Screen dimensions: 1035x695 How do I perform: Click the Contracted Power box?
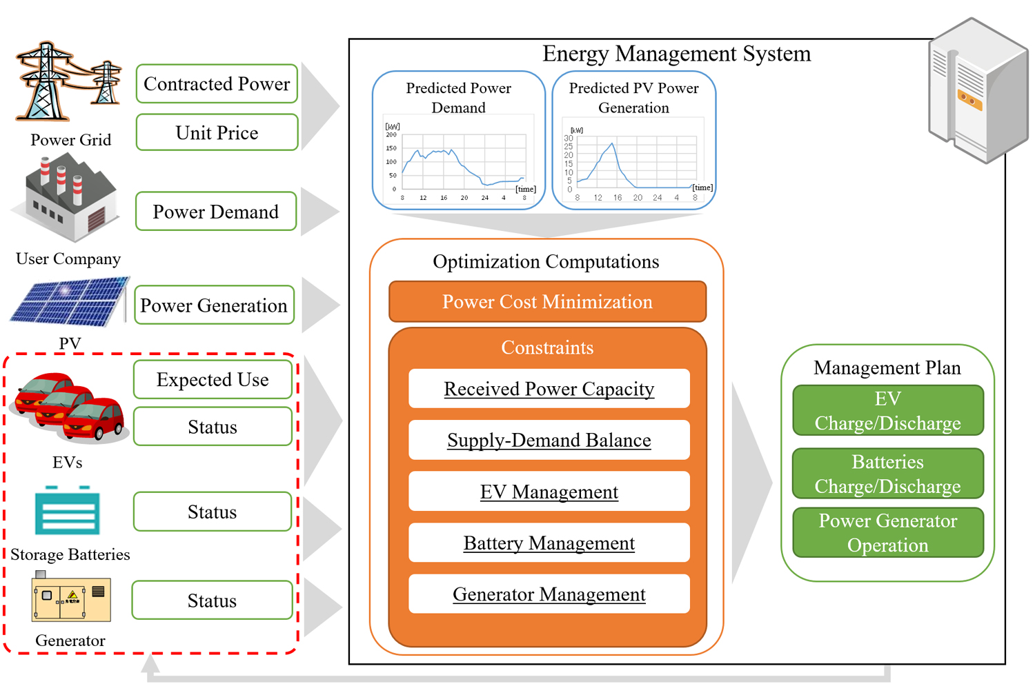point(217,83)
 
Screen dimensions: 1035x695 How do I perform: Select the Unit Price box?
point(217,132)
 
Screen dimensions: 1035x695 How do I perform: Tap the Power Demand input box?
point(216,212)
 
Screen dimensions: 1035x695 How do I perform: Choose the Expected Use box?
point(213,380)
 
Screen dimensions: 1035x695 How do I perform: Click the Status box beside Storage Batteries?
point(213,512)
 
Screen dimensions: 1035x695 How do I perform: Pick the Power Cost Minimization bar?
point(548,301)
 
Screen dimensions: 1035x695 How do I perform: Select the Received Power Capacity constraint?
point(549,388)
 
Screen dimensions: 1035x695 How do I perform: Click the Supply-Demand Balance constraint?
point(549,440)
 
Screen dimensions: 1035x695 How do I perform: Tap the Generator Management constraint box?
point(549,594)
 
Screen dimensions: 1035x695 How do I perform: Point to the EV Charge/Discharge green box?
point(887,410)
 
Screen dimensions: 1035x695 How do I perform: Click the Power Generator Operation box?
point(887,532)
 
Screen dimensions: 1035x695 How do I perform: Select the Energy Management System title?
point(676,54)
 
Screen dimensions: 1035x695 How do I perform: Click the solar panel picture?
point(69,302)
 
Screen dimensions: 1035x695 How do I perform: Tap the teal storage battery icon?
point(68,510)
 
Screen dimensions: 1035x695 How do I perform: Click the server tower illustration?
point(978,90)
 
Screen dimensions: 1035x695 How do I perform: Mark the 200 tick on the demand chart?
point(391,135)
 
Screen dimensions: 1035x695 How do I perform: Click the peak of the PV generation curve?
point(612,143)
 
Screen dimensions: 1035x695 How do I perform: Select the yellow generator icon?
point(71,596)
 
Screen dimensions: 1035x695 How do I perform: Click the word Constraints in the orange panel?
point(548,347)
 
